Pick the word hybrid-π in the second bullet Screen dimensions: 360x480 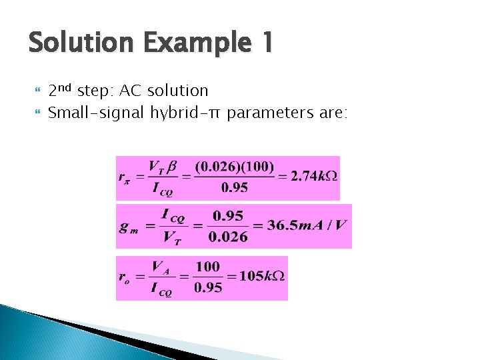pos(184,112)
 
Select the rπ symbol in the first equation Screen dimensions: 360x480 pos(125,178)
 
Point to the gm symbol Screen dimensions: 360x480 pos(127,226)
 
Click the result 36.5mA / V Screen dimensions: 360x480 pos(307,225)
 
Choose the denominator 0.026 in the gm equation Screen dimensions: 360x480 pos(227,237)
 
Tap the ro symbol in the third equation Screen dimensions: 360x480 pos(125,278)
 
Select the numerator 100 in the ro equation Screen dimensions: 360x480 pos(207,267)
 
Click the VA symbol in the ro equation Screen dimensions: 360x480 pos(159,267)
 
